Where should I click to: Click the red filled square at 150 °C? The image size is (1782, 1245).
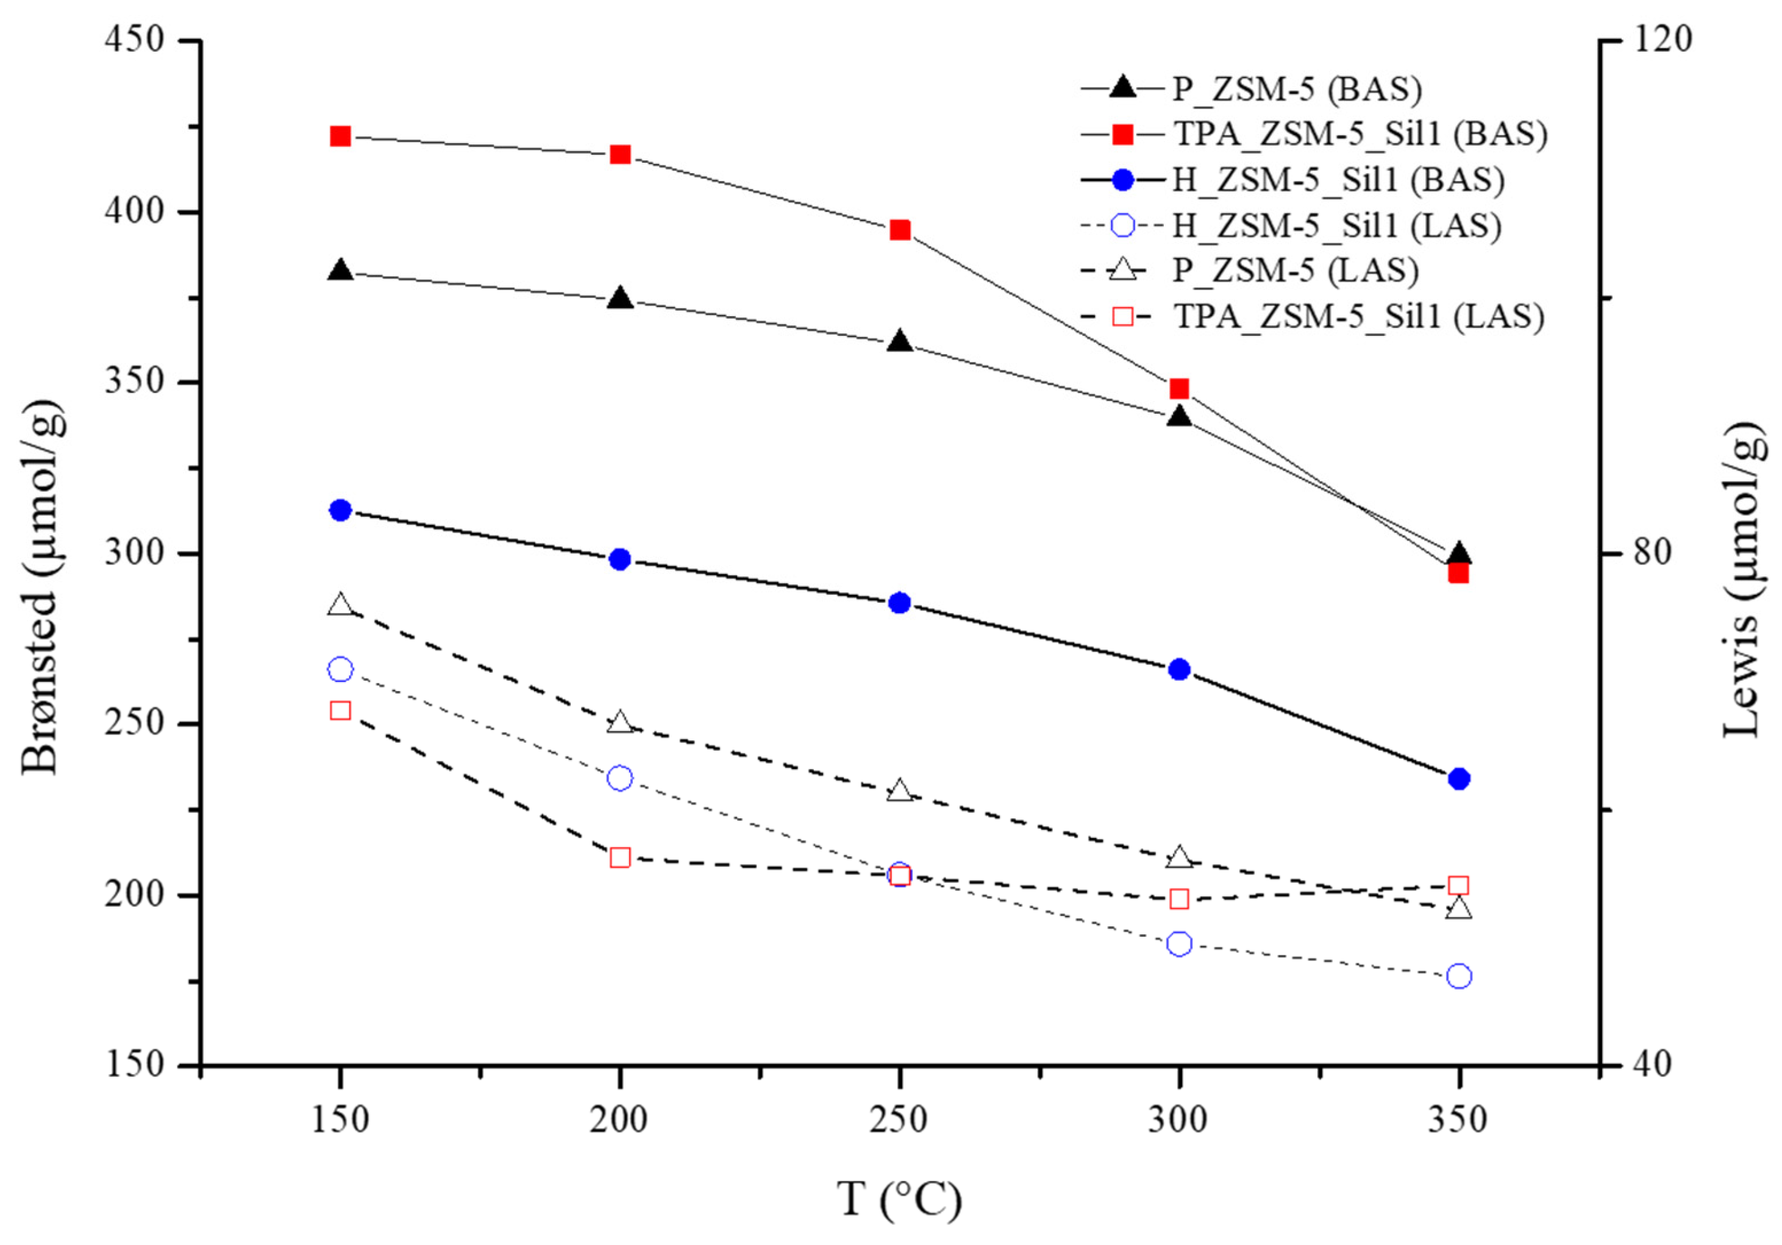pyautogui.click(x=340, y=137)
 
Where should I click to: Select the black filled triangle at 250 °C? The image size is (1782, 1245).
pyautogui.click(x=900, y=341)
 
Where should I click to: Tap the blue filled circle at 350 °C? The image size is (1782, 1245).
pyautogui.click(x=1459, y=778)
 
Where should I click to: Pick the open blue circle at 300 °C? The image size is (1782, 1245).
pyautogui.click(x=1179, y=943)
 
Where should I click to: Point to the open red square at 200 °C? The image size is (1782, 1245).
pyautogui.click(x=619, y=857)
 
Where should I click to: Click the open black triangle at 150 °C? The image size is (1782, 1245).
pyautogui.click(x=340, y=605)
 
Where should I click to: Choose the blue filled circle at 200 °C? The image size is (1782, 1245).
pyautogui.click(x=619, y=558)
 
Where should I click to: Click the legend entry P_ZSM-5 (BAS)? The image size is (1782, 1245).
pyautogui.click(x=1296, y=89)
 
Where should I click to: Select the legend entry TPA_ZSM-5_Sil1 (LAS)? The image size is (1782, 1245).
pyautogui.click(x=1358, y=316)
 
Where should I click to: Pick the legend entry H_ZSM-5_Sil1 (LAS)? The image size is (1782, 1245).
pyautogui.click(x=1336, y=225)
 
